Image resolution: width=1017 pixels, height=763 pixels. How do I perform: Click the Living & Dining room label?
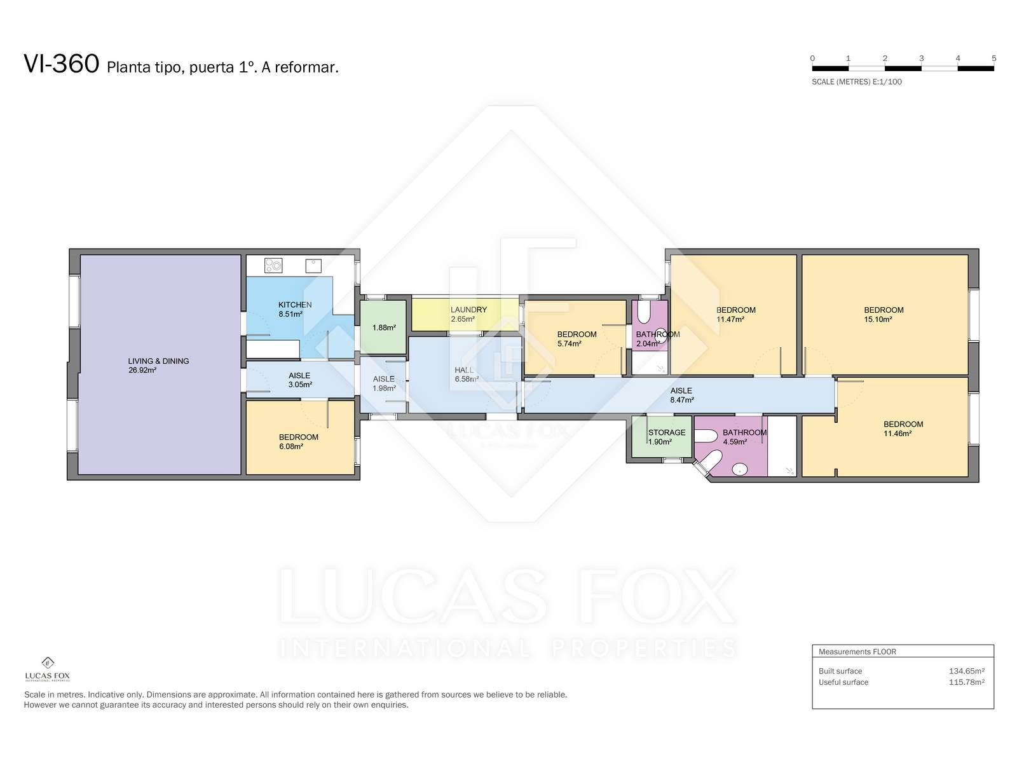pos(158,361)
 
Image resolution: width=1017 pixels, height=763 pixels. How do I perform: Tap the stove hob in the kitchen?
pos(273,265)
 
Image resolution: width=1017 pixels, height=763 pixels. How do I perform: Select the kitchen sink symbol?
pos(313,265)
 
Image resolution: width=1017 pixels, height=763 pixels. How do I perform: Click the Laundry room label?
pos(468,310)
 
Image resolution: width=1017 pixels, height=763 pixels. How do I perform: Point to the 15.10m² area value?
pos(878,319)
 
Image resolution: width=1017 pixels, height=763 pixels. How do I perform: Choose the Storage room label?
pos(666,432)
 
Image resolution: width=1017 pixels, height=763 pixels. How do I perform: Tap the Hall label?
pos(464,369)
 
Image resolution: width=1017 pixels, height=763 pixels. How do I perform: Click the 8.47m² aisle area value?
pos(681,400)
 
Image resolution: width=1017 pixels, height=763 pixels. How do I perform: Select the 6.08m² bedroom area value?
pos(291,446)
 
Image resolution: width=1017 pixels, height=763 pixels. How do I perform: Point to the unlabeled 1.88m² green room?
pos(383,327)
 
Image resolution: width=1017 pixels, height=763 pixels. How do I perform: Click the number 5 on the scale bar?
pos(993,58)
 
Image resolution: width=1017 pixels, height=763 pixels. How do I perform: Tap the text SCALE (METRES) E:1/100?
pos(856,82)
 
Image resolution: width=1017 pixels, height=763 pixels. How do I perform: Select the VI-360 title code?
pos(62,64)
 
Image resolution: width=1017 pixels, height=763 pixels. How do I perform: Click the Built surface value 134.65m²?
pos(966,671)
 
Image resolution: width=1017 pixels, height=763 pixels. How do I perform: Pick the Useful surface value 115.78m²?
pos(966,682)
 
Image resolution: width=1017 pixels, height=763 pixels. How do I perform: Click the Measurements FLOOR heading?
pos(857,651)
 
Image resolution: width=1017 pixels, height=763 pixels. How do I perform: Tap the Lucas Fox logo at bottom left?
pos(47,669)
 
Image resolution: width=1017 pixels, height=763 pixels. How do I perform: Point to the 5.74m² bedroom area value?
pos(569,344)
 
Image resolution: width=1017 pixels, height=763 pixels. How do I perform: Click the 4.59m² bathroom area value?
pos(735,442)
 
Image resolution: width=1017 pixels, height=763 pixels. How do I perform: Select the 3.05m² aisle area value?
pos(300,385)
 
